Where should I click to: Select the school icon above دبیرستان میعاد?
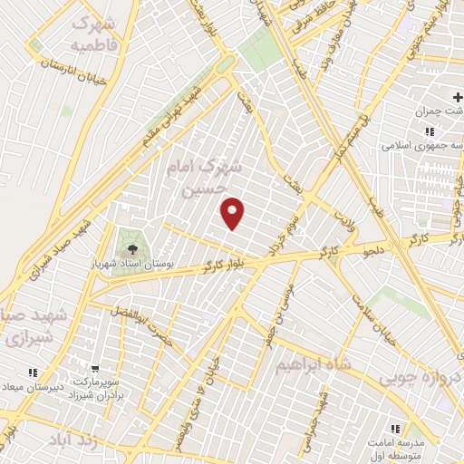pyautogui.click(x=34, y=372)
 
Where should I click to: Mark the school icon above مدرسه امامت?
pyautogui.click(x=395, y=429)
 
